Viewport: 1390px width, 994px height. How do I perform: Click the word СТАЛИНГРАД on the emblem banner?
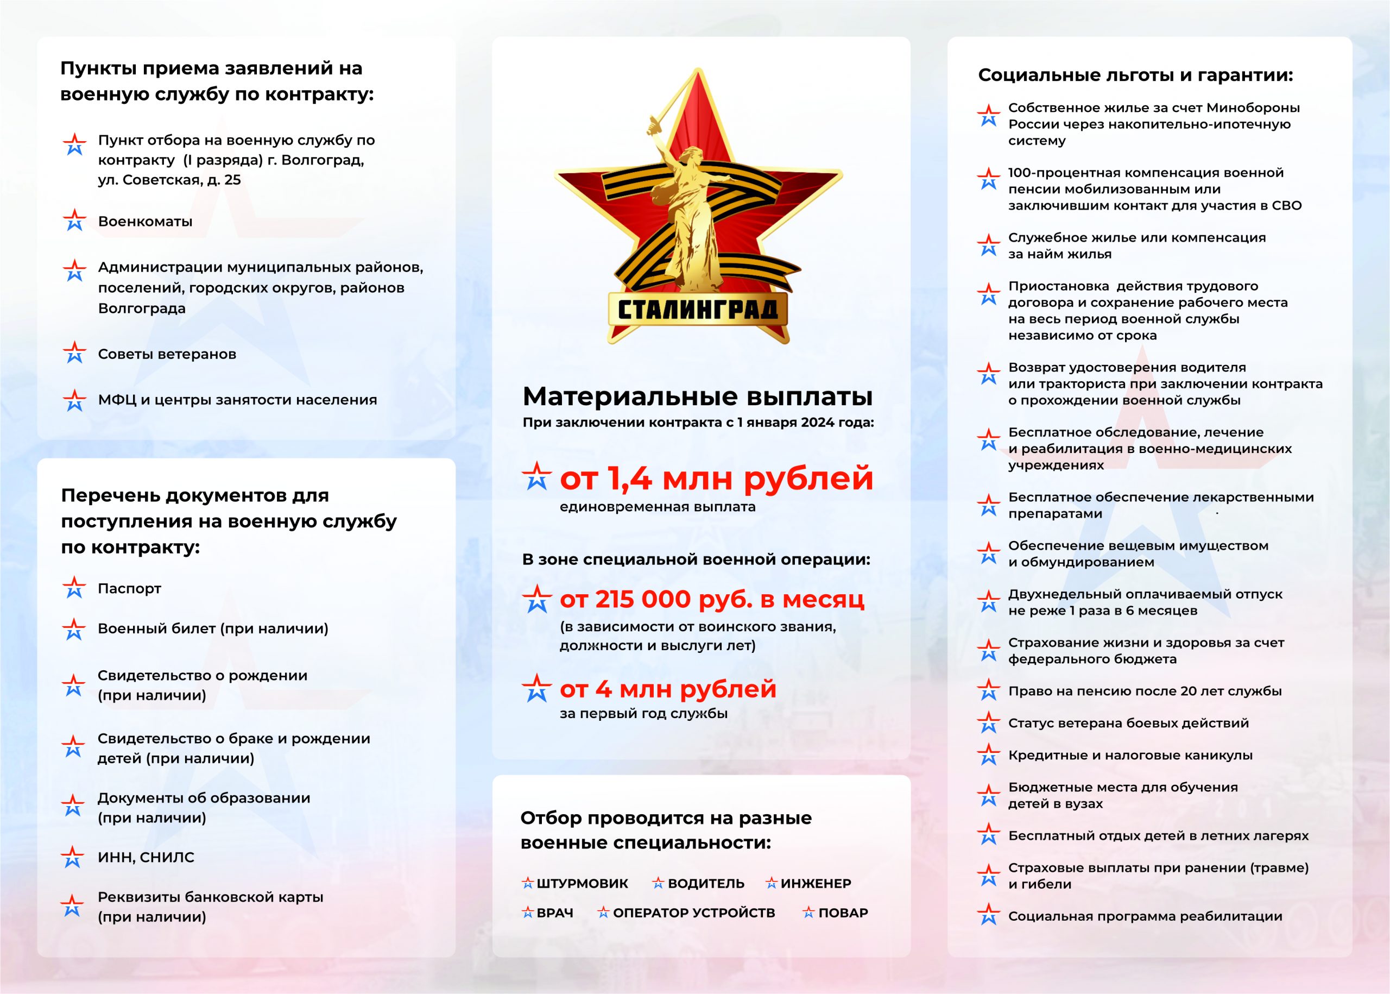tap(698, 310)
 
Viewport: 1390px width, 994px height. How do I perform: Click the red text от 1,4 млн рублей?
tap(716, 478)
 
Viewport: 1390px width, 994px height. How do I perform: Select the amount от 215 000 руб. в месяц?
tap(711, 599)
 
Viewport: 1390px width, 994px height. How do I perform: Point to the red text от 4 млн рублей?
tap(667, 689)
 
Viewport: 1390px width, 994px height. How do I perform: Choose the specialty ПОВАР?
tap(843, 913)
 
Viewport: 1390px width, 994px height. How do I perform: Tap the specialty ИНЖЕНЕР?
tap(816, 883)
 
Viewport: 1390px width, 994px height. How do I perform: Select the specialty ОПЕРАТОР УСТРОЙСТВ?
tap(693, 913)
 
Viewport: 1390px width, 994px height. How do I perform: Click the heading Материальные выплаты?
tap(698, 397)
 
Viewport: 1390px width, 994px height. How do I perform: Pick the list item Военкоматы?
tap(145, 222)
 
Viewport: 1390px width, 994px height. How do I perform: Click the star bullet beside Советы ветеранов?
tap(74, 353)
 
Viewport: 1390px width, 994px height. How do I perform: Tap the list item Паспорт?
tap(129, 589)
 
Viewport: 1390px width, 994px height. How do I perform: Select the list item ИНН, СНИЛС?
tap(146, 858)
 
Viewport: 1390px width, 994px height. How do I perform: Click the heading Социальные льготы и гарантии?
tap(1135, 76)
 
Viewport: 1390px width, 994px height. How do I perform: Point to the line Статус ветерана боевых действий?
tap(1128, 723)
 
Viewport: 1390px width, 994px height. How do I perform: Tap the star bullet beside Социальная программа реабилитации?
tap(989, 915)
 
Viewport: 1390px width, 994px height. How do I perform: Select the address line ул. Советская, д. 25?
tap(169, 180)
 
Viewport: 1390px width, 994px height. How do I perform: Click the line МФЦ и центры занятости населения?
tap(237, 400)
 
